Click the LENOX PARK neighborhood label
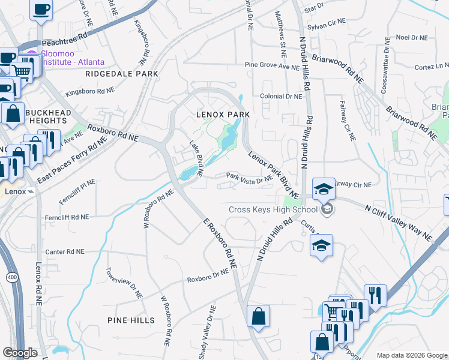[x=223, y=114]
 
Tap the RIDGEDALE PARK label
[x=121, y=74]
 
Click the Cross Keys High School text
[x=273, y=209]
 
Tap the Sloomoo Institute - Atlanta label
[x=72, y=58]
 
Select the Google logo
[x=20, y=353]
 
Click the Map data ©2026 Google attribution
[x=412, y=355]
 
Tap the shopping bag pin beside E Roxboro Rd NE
[x=258, y=316]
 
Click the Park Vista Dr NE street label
[x=249, y=178]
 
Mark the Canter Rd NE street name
[x=65, y=251]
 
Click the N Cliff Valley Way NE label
[x=399, y=223]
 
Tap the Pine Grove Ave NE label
[x=271, y=65]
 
